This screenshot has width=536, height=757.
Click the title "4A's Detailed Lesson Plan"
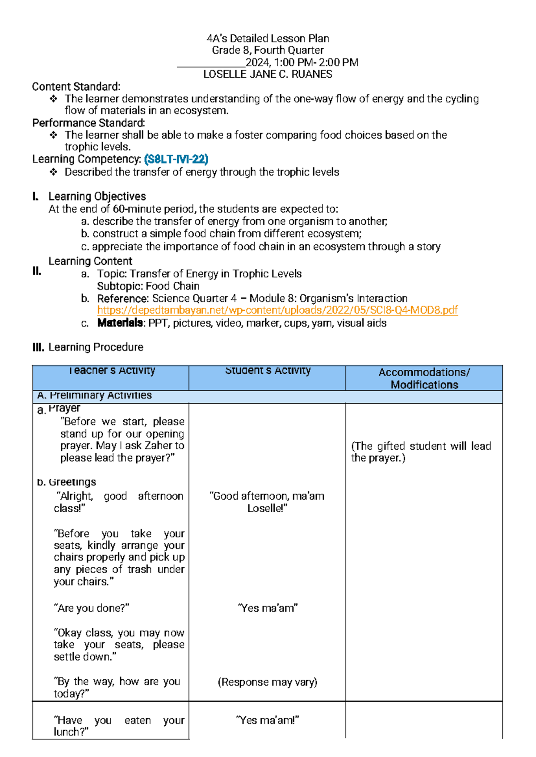click(x=268, y=38)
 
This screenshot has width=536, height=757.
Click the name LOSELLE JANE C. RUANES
click(x=268, y=74)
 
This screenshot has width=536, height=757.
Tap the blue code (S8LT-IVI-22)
click(x=176, y=159)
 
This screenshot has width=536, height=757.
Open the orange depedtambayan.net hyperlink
click(x=277, y=310)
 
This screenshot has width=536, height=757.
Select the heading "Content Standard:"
click(x=76, y=87)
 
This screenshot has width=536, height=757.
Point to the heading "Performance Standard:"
click(x=88, y=123)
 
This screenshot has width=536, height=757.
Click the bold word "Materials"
click(x=120, y=323)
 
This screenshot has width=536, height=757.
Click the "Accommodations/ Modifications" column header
click(x=424, y=378)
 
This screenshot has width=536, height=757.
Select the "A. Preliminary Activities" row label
click(x=94, y=395)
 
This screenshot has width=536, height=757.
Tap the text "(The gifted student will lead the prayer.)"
click(x=421, y=452)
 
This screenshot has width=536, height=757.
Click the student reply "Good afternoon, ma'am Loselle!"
click(x=267, y=502)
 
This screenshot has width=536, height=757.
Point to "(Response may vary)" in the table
click(x=267, y=682)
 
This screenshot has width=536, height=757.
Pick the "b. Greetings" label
click(x=67, y=482)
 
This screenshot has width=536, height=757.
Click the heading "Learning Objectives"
click(x=97, y=197)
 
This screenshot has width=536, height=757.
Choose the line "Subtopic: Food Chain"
click(x=148, y=286)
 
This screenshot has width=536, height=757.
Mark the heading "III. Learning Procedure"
click(x=88, y=347)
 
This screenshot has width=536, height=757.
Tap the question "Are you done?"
click(x=92, y=608)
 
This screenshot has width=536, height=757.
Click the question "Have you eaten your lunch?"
click(x=118, y=726)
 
